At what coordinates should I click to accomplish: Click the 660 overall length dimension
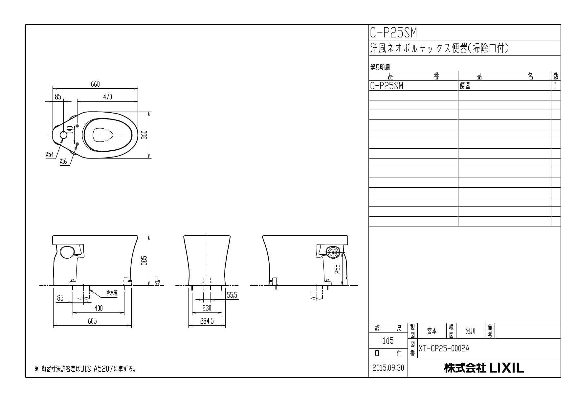[95, 84]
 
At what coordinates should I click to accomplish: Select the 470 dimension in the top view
[107, 97]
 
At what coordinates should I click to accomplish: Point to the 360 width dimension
[144, 135]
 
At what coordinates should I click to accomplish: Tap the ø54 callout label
[50, 155]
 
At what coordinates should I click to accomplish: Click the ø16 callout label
[63, 161]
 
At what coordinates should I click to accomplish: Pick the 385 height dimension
[144, 260]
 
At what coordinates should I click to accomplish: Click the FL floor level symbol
[157, 281]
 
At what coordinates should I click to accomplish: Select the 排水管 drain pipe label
[112, 293]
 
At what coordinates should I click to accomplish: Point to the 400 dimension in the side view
[98, 308]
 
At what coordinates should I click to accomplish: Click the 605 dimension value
[92, 321]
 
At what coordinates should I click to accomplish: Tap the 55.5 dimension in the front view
[232, 295]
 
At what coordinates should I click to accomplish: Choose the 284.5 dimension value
[207, 321]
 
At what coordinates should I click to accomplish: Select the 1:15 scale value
[388, 341]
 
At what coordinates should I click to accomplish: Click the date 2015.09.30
[388, 368]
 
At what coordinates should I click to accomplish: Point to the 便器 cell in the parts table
[465, 86]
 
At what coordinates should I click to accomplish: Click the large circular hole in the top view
[63, 135]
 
